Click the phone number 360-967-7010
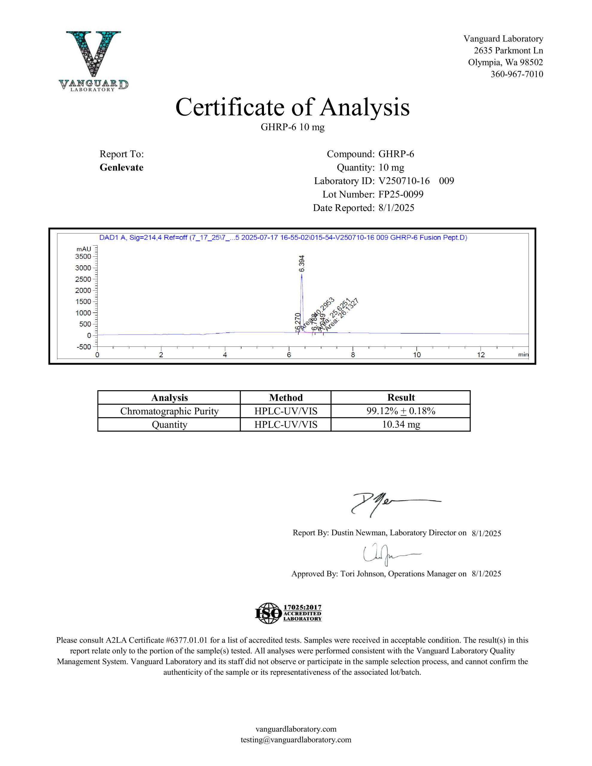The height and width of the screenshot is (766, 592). (x=517, y=74)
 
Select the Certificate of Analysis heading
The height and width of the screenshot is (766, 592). (x=292, y=107)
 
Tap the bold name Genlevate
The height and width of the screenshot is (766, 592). (x=122, y=168)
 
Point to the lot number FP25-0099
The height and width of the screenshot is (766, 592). (x=401, y=194)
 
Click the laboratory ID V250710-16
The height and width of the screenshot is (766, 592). (x=404, y=181)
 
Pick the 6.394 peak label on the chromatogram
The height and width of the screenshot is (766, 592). (x=302, y=263)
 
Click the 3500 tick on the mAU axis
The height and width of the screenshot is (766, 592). (x=83, y=256)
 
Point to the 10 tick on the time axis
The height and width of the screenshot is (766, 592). (x=417, y=355)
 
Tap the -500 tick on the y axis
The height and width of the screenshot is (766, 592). (x=83, y=347)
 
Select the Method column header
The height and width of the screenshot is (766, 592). (x=286, y=397)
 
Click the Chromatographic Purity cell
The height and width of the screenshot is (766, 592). (x=169, y=411)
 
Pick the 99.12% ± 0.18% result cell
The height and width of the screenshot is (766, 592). (x=401, y=411)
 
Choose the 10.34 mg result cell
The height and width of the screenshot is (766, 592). (x=401, y=425)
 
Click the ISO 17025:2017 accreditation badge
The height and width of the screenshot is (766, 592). (x=288, y=613)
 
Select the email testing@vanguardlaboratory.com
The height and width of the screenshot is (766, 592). (x=296, y=740)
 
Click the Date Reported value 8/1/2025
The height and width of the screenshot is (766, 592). (x=396, y=208)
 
